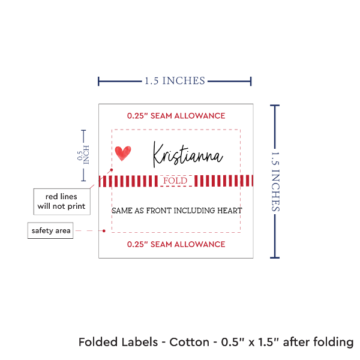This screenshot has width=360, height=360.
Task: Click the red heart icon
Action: [x=122, y=153]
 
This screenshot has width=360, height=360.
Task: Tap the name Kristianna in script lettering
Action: [x=188, y=155]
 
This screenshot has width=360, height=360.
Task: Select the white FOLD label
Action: [x=175, y=181]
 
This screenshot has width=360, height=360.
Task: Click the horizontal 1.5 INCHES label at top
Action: [x=175, y=80]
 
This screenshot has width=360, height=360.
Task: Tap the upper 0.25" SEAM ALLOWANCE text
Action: [x=176, y=115]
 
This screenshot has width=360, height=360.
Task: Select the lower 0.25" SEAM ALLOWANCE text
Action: [x=176, y=244]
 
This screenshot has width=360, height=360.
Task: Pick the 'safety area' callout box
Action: [x=52, y=230]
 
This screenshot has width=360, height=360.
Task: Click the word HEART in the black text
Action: [x=231, y=211]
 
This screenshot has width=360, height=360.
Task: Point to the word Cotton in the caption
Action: [x=190, y=343]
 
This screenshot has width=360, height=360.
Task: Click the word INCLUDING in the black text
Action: [x=193, y=211]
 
